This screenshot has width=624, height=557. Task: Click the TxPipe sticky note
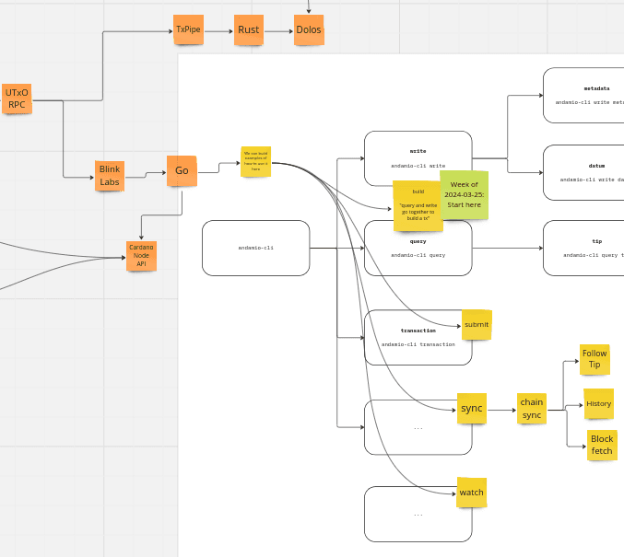[188, 29]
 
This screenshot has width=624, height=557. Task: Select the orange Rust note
[248, 29]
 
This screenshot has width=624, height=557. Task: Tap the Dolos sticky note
[309, 29]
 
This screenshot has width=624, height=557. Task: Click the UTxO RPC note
[17, 99]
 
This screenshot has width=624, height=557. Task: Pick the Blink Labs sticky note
[110, 175]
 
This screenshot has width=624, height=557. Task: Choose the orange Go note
[182, 170]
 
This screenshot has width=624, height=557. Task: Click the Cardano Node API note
[141, 256]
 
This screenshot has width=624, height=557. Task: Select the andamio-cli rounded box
[255, 248]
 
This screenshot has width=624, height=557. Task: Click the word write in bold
[418, 150]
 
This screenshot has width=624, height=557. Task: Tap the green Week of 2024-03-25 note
[463, 195]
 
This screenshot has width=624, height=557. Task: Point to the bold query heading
[418, 241]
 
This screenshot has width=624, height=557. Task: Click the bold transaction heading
[418, 330]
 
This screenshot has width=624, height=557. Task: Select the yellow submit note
[477, 324]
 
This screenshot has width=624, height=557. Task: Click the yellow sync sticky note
[471, 408]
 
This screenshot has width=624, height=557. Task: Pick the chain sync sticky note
[532, 408]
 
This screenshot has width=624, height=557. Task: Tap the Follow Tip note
[595, 358]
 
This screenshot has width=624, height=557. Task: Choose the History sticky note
[598, 403]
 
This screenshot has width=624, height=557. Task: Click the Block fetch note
[602, 445]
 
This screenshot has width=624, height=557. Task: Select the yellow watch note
[471, 493]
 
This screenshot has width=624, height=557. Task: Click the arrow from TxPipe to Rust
[218, 30]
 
